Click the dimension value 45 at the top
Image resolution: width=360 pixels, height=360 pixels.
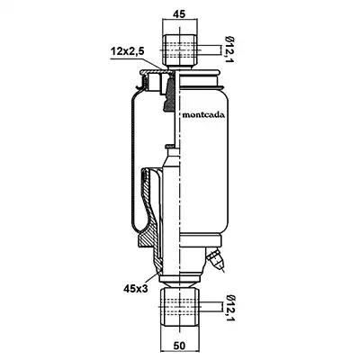[x=179, y=14]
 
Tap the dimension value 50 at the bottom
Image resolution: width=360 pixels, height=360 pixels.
[x=179, y=346]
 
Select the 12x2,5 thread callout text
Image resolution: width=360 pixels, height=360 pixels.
[x=128, y=51]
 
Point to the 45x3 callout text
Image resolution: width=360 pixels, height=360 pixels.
[x=136, y=289]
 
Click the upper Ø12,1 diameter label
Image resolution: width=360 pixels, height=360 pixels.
[x=230, y=49]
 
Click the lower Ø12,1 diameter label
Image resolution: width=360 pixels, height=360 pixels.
[x=230, y=309]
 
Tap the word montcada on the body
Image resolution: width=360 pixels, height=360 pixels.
[x=203, y=115]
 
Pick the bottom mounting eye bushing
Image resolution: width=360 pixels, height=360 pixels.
[x=179, y=307]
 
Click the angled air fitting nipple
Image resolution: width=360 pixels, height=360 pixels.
[x=215, y=258]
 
